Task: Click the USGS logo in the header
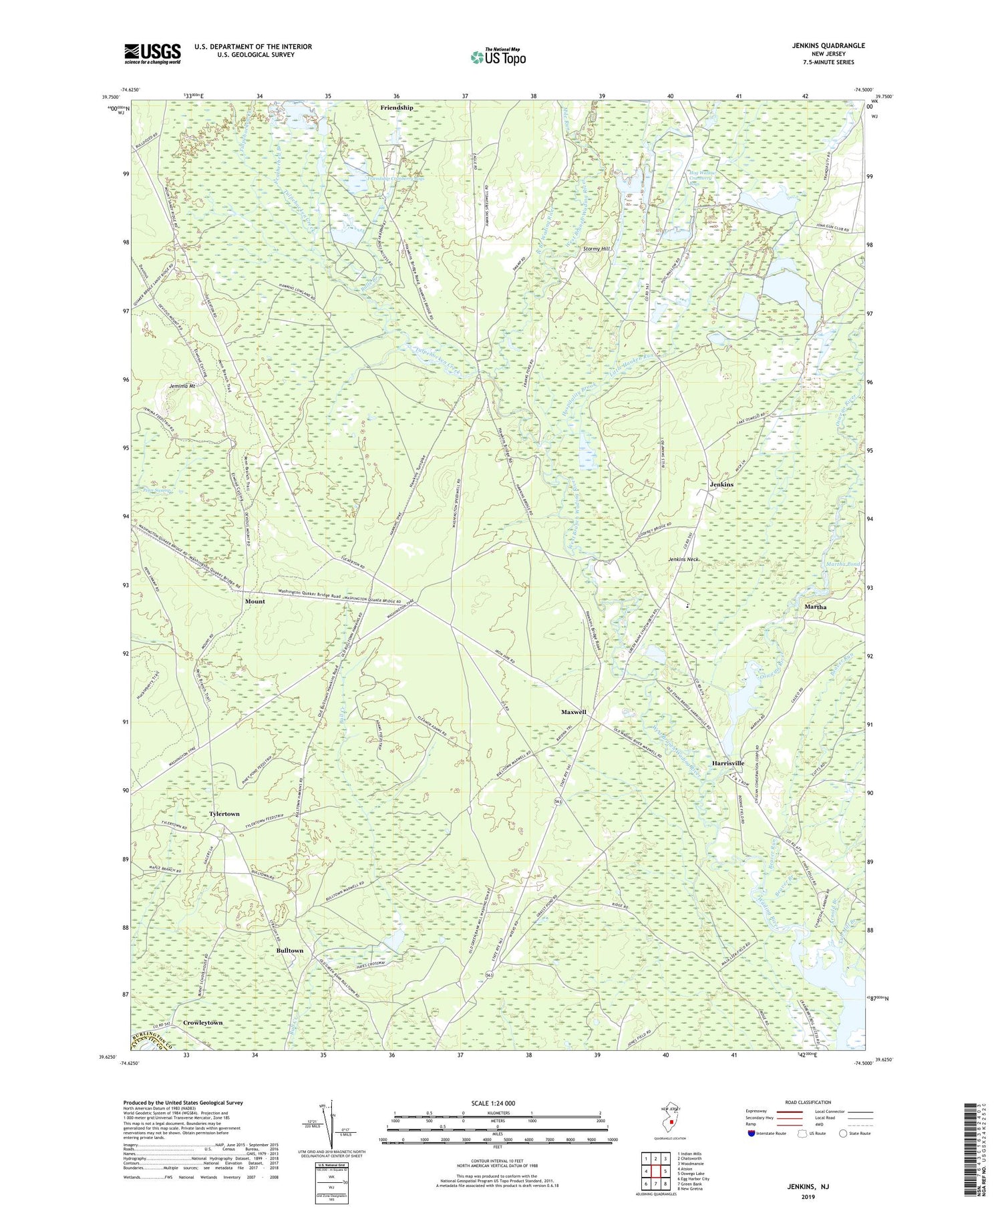pyautogui.click(x=152, y=53)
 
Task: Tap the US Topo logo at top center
pyautogui.click(x=498, y=57)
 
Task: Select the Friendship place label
pyautogui.click(x=397, y=108)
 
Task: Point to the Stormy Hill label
pyautogui.click(x=597, y=248)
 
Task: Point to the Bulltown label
pyautogui.click(x=290, y=950)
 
